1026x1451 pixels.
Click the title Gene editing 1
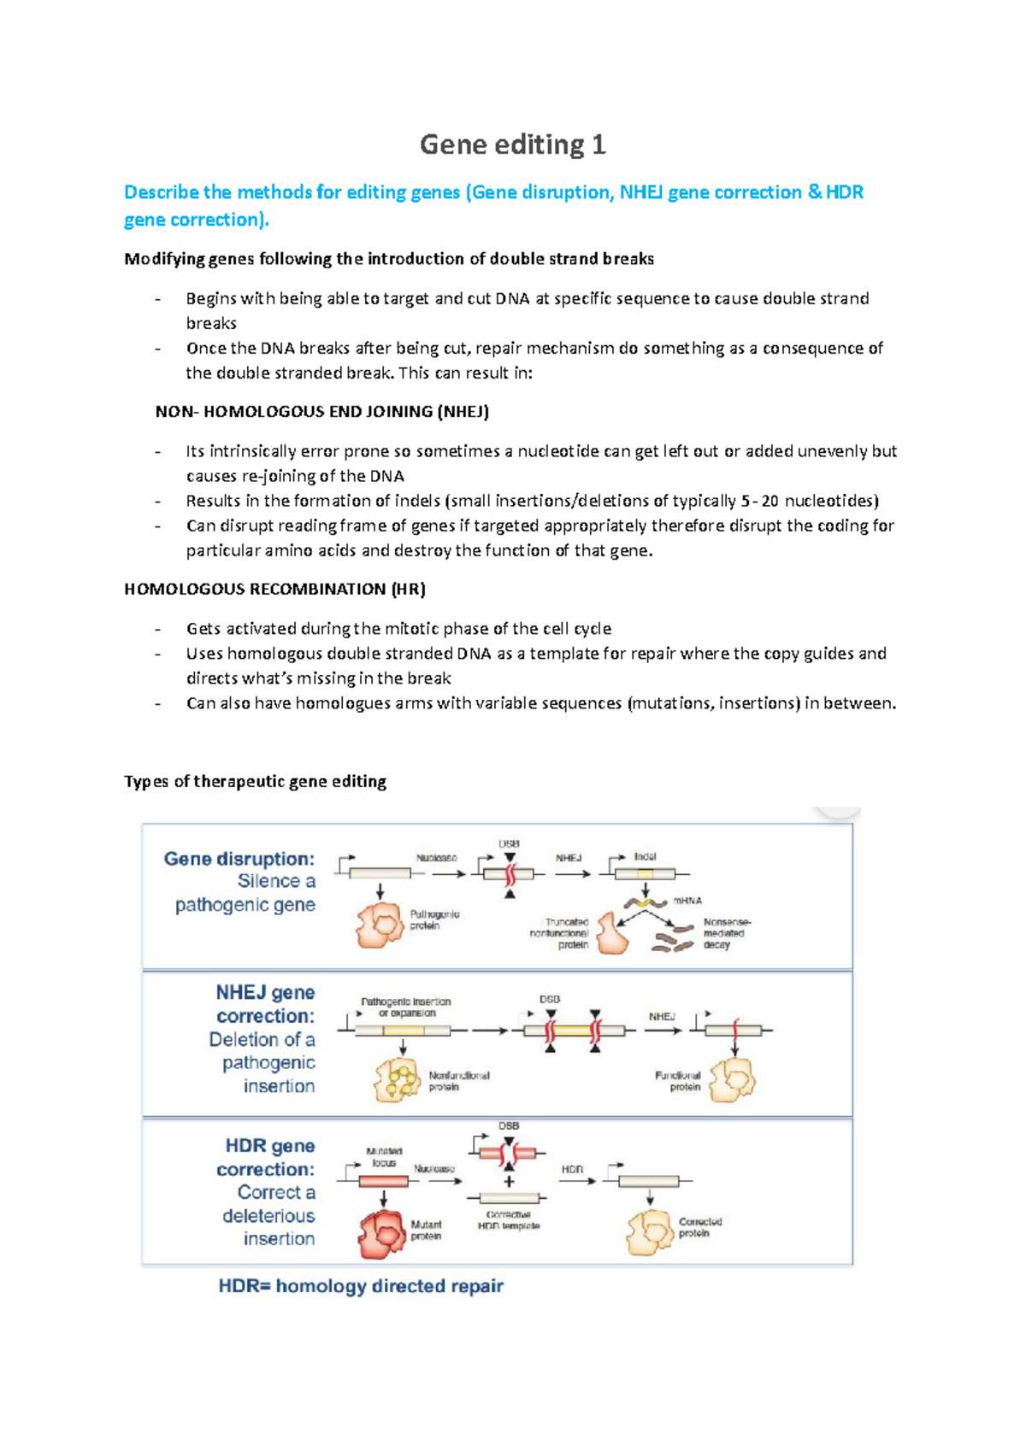512,144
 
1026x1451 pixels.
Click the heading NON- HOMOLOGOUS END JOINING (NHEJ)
322,412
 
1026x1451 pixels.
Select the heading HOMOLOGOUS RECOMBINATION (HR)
274,589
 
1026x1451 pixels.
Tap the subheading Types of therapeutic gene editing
255,781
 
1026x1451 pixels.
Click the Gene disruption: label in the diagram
239,859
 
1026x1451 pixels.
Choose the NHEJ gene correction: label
265,1004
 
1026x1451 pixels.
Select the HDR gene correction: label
266,1157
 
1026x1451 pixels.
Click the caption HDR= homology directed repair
361,1286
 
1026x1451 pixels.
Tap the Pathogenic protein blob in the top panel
379,925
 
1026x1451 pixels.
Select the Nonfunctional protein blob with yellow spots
397,1080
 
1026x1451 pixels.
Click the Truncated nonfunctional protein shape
611,934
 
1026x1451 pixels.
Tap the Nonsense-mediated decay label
726,933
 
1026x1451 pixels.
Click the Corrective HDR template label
509,1220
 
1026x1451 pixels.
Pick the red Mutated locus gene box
383,1182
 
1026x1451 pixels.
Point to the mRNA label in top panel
687,901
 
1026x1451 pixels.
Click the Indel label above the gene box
645,856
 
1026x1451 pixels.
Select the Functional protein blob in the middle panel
734,1080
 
